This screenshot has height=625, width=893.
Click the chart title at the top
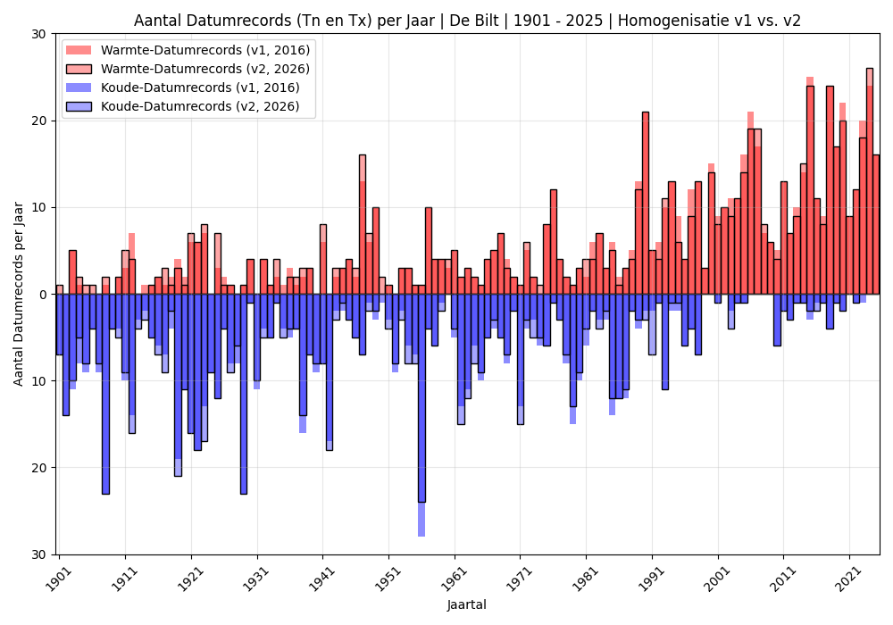point(467,21)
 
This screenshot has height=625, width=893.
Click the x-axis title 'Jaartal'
point(467,604)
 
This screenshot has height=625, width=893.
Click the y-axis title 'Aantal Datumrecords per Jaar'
point(19,294)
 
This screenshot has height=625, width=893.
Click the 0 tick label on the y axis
point(42,295)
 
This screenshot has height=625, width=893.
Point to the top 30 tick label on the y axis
point(38,34)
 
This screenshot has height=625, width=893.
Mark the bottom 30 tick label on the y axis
point(38,554)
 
